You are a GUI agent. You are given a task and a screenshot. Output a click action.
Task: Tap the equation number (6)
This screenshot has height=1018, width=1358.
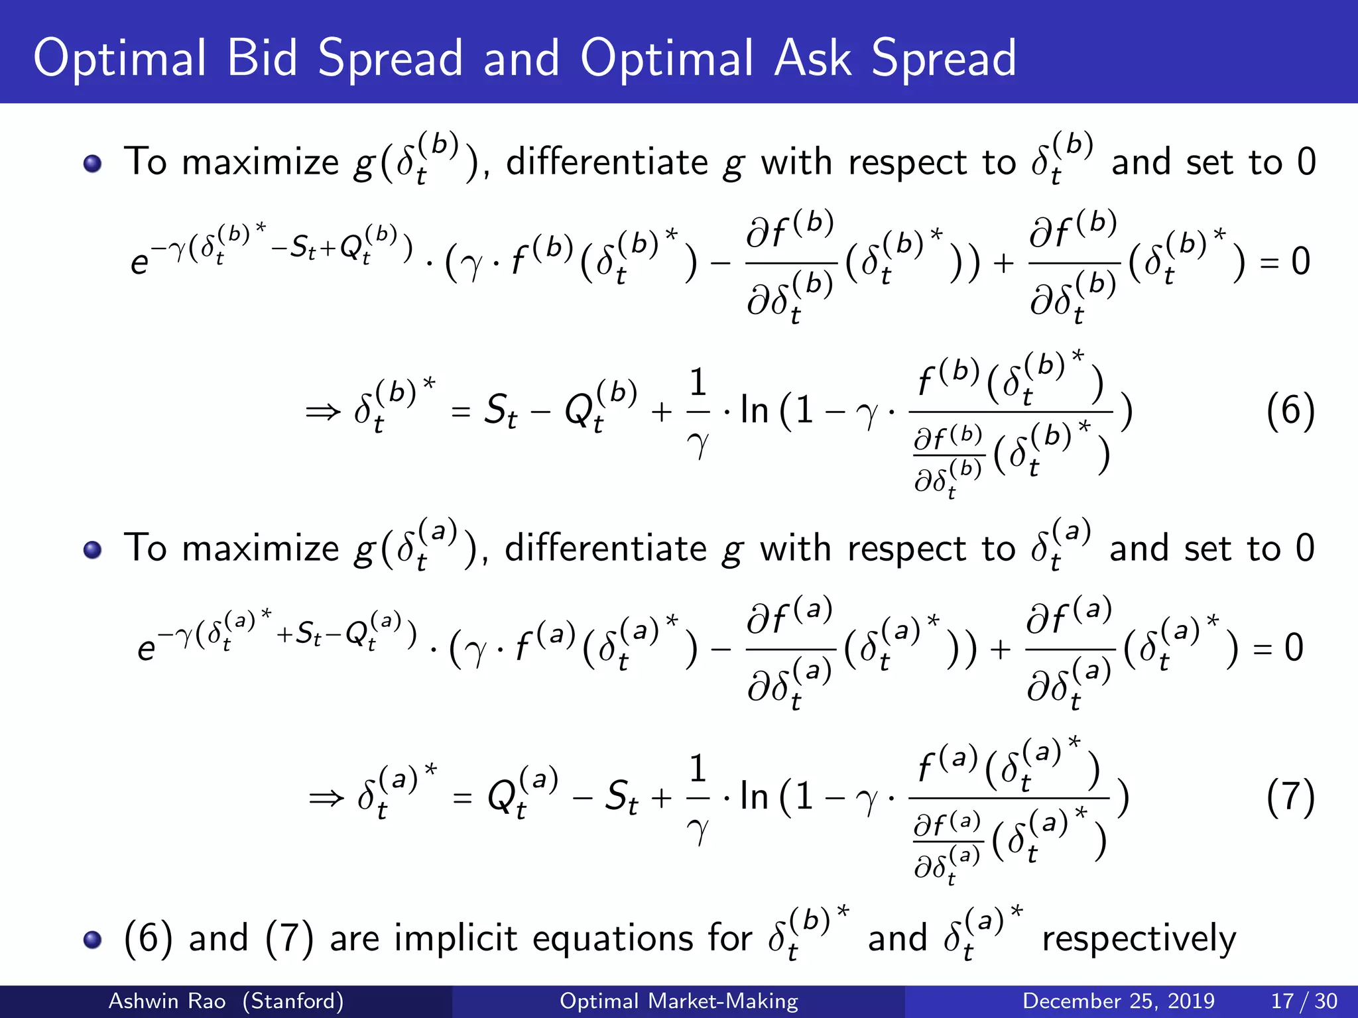[1290, 412]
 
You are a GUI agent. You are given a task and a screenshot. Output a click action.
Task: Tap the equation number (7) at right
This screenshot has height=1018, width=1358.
[1290, 797]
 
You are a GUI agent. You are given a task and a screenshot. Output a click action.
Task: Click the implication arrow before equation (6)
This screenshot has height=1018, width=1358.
[323, 412]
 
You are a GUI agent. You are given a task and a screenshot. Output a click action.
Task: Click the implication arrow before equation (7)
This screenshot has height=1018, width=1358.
[326, 798]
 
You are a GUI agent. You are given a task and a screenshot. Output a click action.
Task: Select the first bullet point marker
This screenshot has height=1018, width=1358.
[93, 163]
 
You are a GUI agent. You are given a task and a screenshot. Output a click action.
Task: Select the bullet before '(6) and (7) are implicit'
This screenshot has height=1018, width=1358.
[93, 939]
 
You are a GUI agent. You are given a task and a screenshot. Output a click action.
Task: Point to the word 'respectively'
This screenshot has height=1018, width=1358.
[1139, 939]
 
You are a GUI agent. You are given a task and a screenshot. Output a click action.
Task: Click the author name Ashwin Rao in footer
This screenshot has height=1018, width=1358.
[166, 1001]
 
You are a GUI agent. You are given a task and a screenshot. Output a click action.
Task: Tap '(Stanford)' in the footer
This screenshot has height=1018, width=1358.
[292, 1001]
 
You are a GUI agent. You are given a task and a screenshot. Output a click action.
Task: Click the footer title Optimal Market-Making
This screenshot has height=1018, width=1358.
[678, 1001]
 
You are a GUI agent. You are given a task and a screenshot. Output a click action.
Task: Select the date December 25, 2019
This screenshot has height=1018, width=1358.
[1118, 1001]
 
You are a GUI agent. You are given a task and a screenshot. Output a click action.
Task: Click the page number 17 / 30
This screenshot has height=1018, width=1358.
[1304, 1001]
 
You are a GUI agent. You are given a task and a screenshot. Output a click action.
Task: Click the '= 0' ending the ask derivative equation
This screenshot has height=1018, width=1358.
[1278, 648]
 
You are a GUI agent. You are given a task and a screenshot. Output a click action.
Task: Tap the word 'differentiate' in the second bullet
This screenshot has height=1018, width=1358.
[605, 549]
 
